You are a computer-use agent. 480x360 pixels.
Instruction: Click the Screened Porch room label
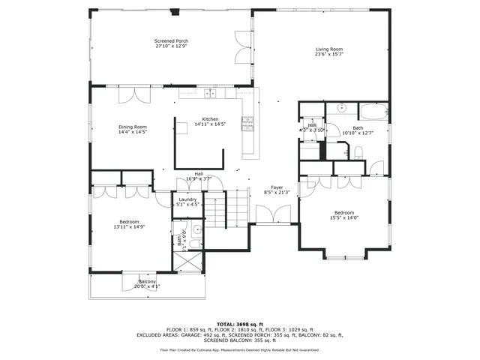click(171, 40)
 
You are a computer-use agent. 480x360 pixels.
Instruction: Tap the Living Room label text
click(329, 49)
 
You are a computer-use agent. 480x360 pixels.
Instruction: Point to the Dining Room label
click(132, 127)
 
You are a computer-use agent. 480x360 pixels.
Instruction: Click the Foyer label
click(277, 187)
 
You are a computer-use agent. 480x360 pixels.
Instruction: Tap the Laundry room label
click(187, 199)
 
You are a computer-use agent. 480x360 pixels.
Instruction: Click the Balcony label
click(147, 281)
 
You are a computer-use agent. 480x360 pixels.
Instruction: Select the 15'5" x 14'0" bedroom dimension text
click(344, 217)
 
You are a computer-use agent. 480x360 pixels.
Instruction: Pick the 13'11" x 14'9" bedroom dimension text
click(128, 226)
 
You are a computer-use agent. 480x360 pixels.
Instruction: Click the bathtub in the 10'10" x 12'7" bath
click(374, 114)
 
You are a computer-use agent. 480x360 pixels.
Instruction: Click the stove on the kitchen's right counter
click(247, 123)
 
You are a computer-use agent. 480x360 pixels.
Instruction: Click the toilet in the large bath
click(358, 153)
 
